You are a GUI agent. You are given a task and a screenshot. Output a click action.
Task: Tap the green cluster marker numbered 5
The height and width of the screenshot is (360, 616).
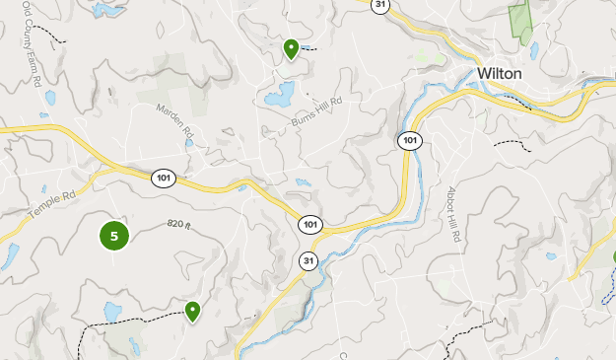point(114,236)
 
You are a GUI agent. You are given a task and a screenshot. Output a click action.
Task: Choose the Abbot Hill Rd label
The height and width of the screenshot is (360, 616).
point(453,214)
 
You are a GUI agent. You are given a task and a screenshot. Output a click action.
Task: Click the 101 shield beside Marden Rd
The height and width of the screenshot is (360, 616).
point(164,179)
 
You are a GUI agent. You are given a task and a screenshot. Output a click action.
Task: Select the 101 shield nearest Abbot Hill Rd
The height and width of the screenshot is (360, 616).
point(410,140)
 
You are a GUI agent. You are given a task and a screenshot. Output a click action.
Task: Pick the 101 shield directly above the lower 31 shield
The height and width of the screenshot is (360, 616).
point(310,225)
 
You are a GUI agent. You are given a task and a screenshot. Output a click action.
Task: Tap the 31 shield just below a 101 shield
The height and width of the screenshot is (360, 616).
point(309,260)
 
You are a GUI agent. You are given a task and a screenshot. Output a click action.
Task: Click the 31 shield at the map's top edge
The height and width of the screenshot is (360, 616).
point(380,5)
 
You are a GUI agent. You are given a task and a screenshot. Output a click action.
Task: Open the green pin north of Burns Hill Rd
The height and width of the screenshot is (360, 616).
point(291,47)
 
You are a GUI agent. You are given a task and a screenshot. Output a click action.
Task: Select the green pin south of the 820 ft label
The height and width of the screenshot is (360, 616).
point(193,311)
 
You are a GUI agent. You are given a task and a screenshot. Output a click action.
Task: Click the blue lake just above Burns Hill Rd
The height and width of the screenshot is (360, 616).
point(278,96)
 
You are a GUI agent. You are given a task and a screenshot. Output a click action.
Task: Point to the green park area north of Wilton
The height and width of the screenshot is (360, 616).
point(518,20)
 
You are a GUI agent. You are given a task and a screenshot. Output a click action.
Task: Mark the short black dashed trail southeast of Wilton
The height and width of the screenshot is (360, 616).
point(511,144)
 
